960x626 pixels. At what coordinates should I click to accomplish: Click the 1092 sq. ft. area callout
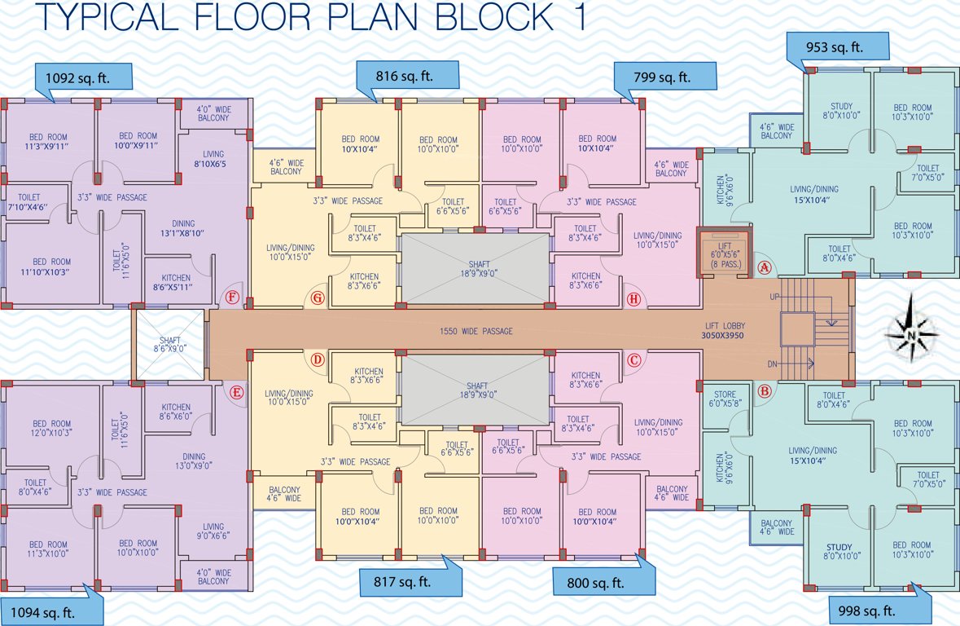[84, 77]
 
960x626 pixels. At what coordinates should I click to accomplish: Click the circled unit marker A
[764, 267]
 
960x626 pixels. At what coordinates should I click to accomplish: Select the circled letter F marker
[234, 298]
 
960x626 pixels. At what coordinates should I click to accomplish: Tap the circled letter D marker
[318, 359]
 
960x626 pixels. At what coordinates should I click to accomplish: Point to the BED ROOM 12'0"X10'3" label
[51, 429]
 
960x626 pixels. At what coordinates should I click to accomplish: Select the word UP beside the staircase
[774, 297]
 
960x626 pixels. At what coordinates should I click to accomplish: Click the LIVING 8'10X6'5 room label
[213, 158]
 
